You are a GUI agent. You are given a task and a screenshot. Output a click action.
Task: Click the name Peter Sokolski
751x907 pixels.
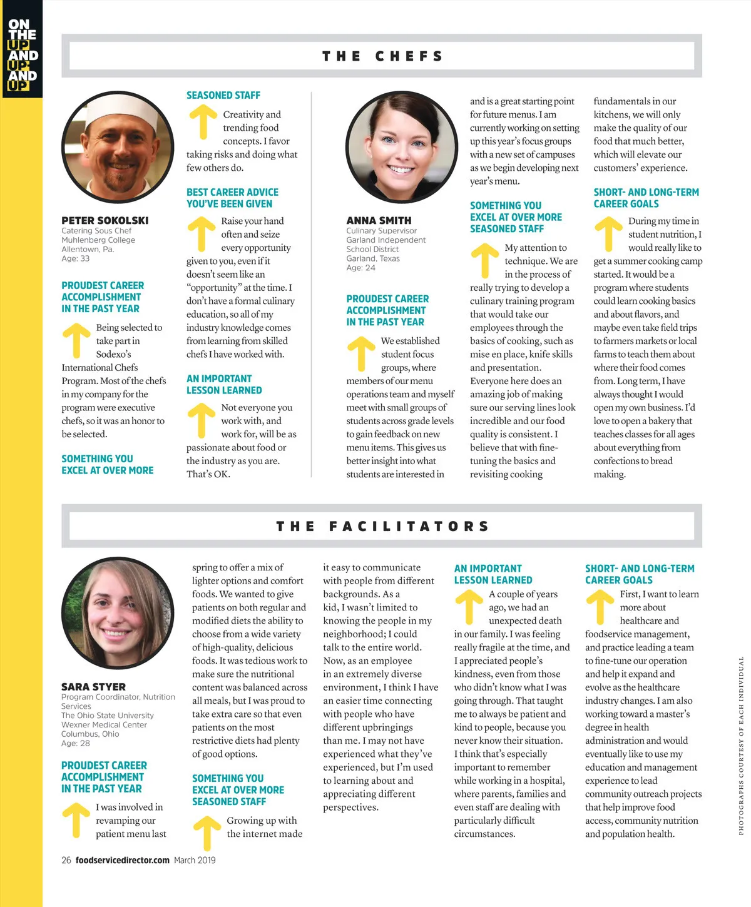click(x=105, y=220)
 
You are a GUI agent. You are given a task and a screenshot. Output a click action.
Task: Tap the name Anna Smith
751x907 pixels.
click(x=379, y=220)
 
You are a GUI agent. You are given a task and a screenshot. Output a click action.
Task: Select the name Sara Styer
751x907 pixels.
click(x=93, y=686)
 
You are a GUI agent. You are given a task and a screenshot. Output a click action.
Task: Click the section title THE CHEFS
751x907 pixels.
click(x=382, y=56)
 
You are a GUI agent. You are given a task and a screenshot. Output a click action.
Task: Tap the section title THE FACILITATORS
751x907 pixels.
click(x=382, y=526)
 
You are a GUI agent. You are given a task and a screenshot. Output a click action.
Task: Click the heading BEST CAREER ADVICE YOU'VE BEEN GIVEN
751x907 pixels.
click(x=232, y=198)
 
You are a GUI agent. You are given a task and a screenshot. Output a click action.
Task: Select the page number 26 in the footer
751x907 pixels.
click(x=66, y=860)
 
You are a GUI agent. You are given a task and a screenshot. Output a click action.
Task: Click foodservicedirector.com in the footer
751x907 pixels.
click(x=123, y=860)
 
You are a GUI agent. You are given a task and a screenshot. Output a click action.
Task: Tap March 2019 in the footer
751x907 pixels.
click(x=195, y=860)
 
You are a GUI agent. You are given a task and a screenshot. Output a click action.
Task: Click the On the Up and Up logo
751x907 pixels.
click(x=22, y=54)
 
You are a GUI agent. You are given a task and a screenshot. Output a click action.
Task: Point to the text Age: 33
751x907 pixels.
click(x=76, y=258)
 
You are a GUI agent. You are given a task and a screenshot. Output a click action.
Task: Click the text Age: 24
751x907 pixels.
click(x=361, y=268)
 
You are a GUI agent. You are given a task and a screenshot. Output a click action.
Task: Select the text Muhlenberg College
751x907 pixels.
click(x=98, y=240)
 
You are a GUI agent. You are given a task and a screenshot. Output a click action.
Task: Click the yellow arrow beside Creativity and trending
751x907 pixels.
click(x=203, y=121)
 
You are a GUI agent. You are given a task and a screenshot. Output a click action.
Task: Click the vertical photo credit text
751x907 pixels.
click(x=741, y=744)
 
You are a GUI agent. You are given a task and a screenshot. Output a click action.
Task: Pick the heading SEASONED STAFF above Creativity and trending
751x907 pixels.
click(x=223, y=95)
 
